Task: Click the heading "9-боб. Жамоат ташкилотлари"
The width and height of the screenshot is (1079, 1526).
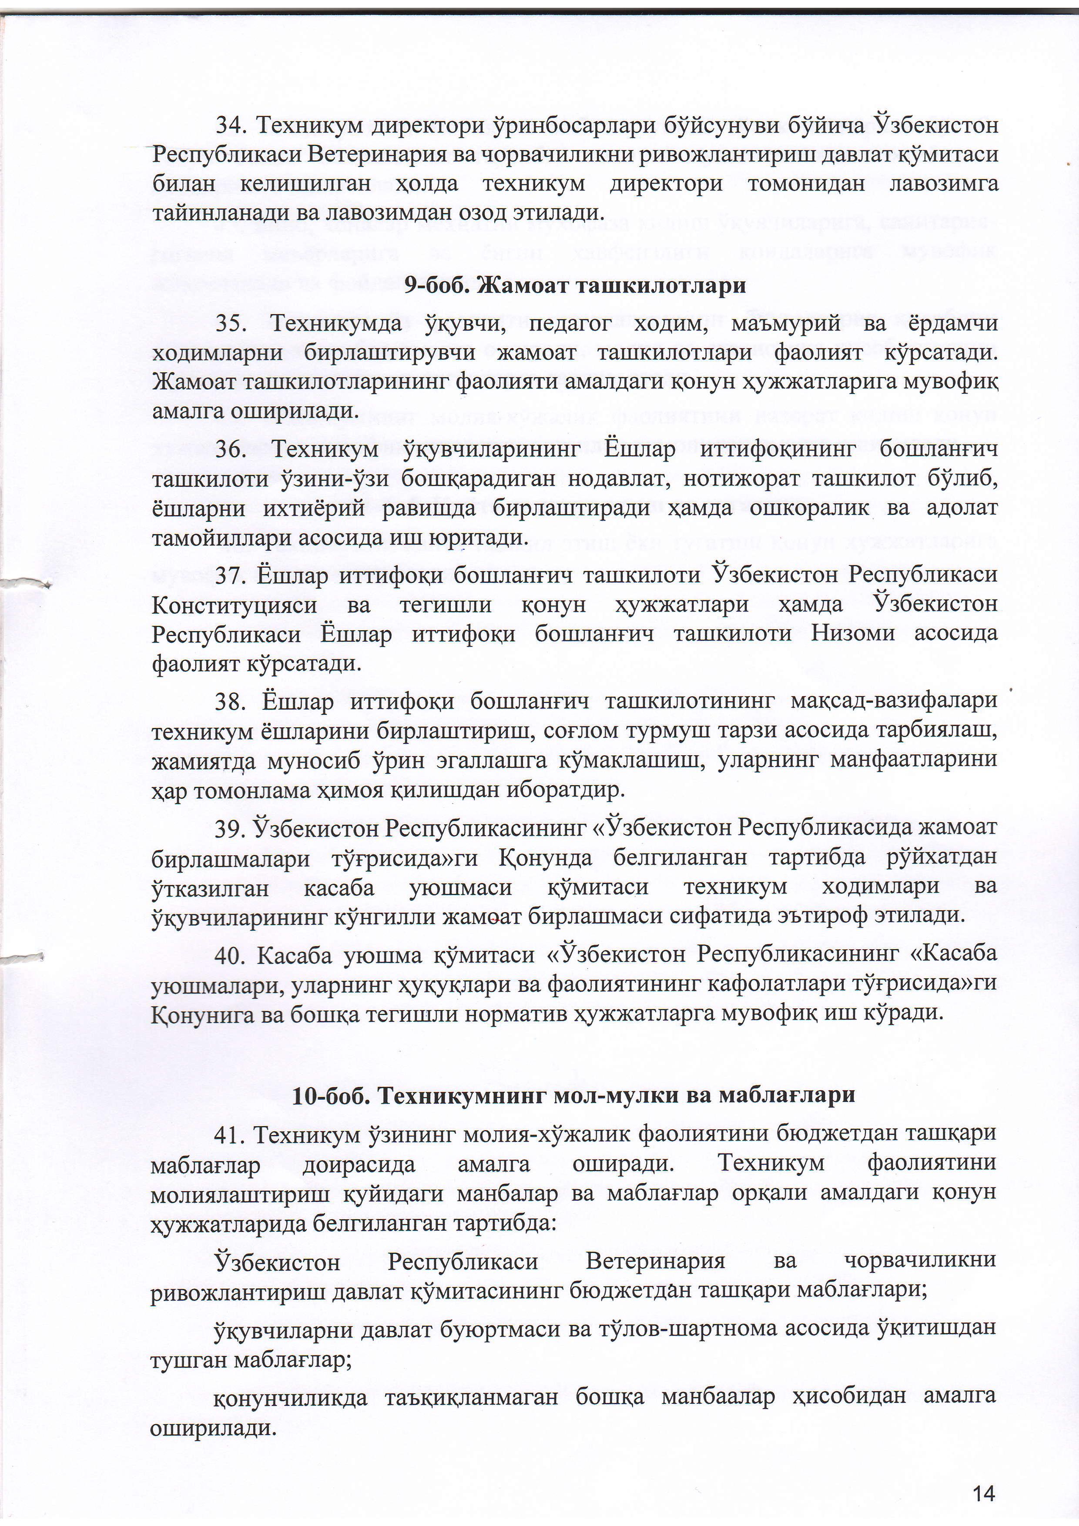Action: (575, 286)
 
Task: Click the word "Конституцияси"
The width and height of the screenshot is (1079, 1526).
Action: (235, 605)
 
